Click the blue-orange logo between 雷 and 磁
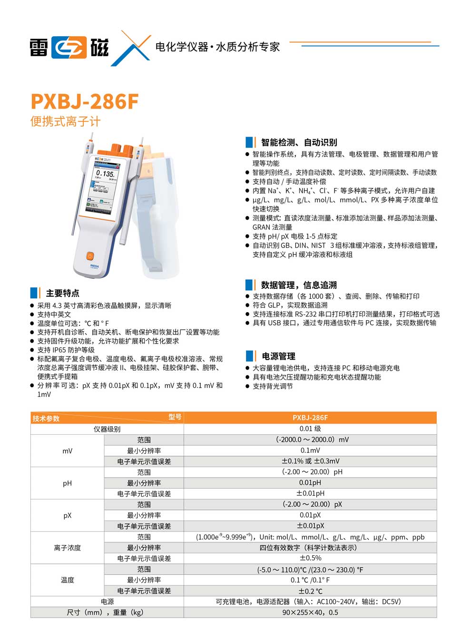click(69, 48)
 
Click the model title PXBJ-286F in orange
click(84, 101)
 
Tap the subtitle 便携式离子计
click(65, 122)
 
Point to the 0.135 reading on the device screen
click(105, 174)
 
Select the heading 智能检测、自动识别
click(299, 142)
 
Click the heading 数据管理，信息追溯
click(299, 285)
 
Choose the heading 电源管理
click(278, 356)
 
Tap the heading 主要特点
click(62, 293)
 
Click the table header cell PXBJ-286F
click(310, 418)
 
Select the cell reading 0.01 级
click(310, 429)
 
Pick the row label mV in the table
click(68, 451)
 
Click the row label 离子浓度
click(68, 548)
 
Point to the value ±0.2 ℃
click(310, 591)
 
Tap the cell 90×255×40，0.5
click(310, 612)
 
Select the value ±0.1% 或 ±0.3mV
click(310, 461)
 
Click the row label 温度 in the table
click(68, 580)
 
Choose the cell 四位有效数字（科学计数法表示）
click(310, 548)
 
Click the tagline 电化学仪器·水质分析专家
click(217, 47)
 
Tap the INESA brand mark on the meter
click(95, 266)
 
